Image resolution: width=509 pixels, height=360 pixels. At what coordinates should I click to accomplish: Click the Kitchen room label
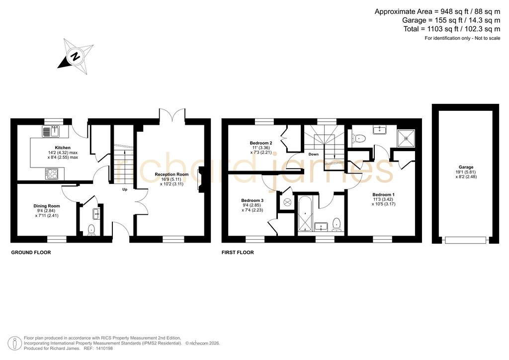coord(63,148)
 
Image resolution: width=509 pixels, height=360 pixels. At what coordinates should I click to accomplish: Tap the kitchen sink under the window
coord(51,131)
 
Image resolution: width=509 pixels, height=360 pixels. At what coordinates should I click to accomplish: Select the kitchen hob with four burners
coord(52,174)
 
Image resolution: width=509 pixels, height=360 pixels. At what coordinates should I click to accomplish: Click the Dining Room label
coord(47,206)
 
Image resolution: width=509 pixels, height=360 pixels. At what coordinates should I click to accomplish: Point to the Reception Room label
coord(171,175)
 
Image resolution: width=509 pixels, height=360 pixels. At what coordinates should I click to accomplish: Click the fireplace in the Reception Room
coord(201,180)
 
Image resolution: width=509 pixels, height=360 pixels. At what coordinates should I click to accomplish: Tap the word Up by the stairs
coord(125,189)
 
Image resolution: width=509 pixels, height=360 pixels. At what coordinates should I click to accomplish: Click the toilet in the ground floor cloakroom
coord(91,229)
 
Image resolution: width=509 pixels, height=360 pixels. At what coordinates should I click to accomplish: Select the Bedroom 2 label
coord(261,143)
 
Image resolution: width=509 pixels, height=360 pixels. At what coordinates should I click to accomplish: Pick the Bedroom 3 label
coord(252,200)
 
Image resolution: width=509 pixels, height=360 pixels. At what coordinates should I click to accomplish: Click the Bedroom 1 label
coord(384,195)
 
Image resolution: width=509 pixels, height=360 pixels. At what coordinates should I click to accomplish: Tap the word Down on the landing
coord(314,154)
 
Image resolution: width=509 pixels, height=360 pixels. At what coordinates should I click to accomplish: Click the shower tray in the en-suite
coord(406,138)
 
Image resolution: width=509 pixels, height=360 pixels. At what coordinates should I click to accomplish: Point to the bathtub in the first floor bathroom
coord(305,214)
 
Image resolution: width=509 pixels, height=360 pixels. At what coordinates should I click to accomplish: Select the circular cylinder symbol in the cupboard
coord(287,202)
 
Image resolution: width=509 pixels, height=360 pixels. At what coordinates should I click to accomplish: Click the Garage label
coord(466,168)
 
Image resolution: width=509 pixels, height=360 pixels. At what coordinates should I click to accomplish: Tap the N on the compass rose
coord(76,57)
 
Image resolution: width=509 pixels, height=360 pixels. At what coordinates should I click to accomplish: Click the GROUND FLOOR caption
coord(31,253)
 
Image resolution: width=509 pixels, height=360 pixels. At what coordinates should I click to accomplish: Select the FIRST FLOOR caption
coord(238,253)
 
